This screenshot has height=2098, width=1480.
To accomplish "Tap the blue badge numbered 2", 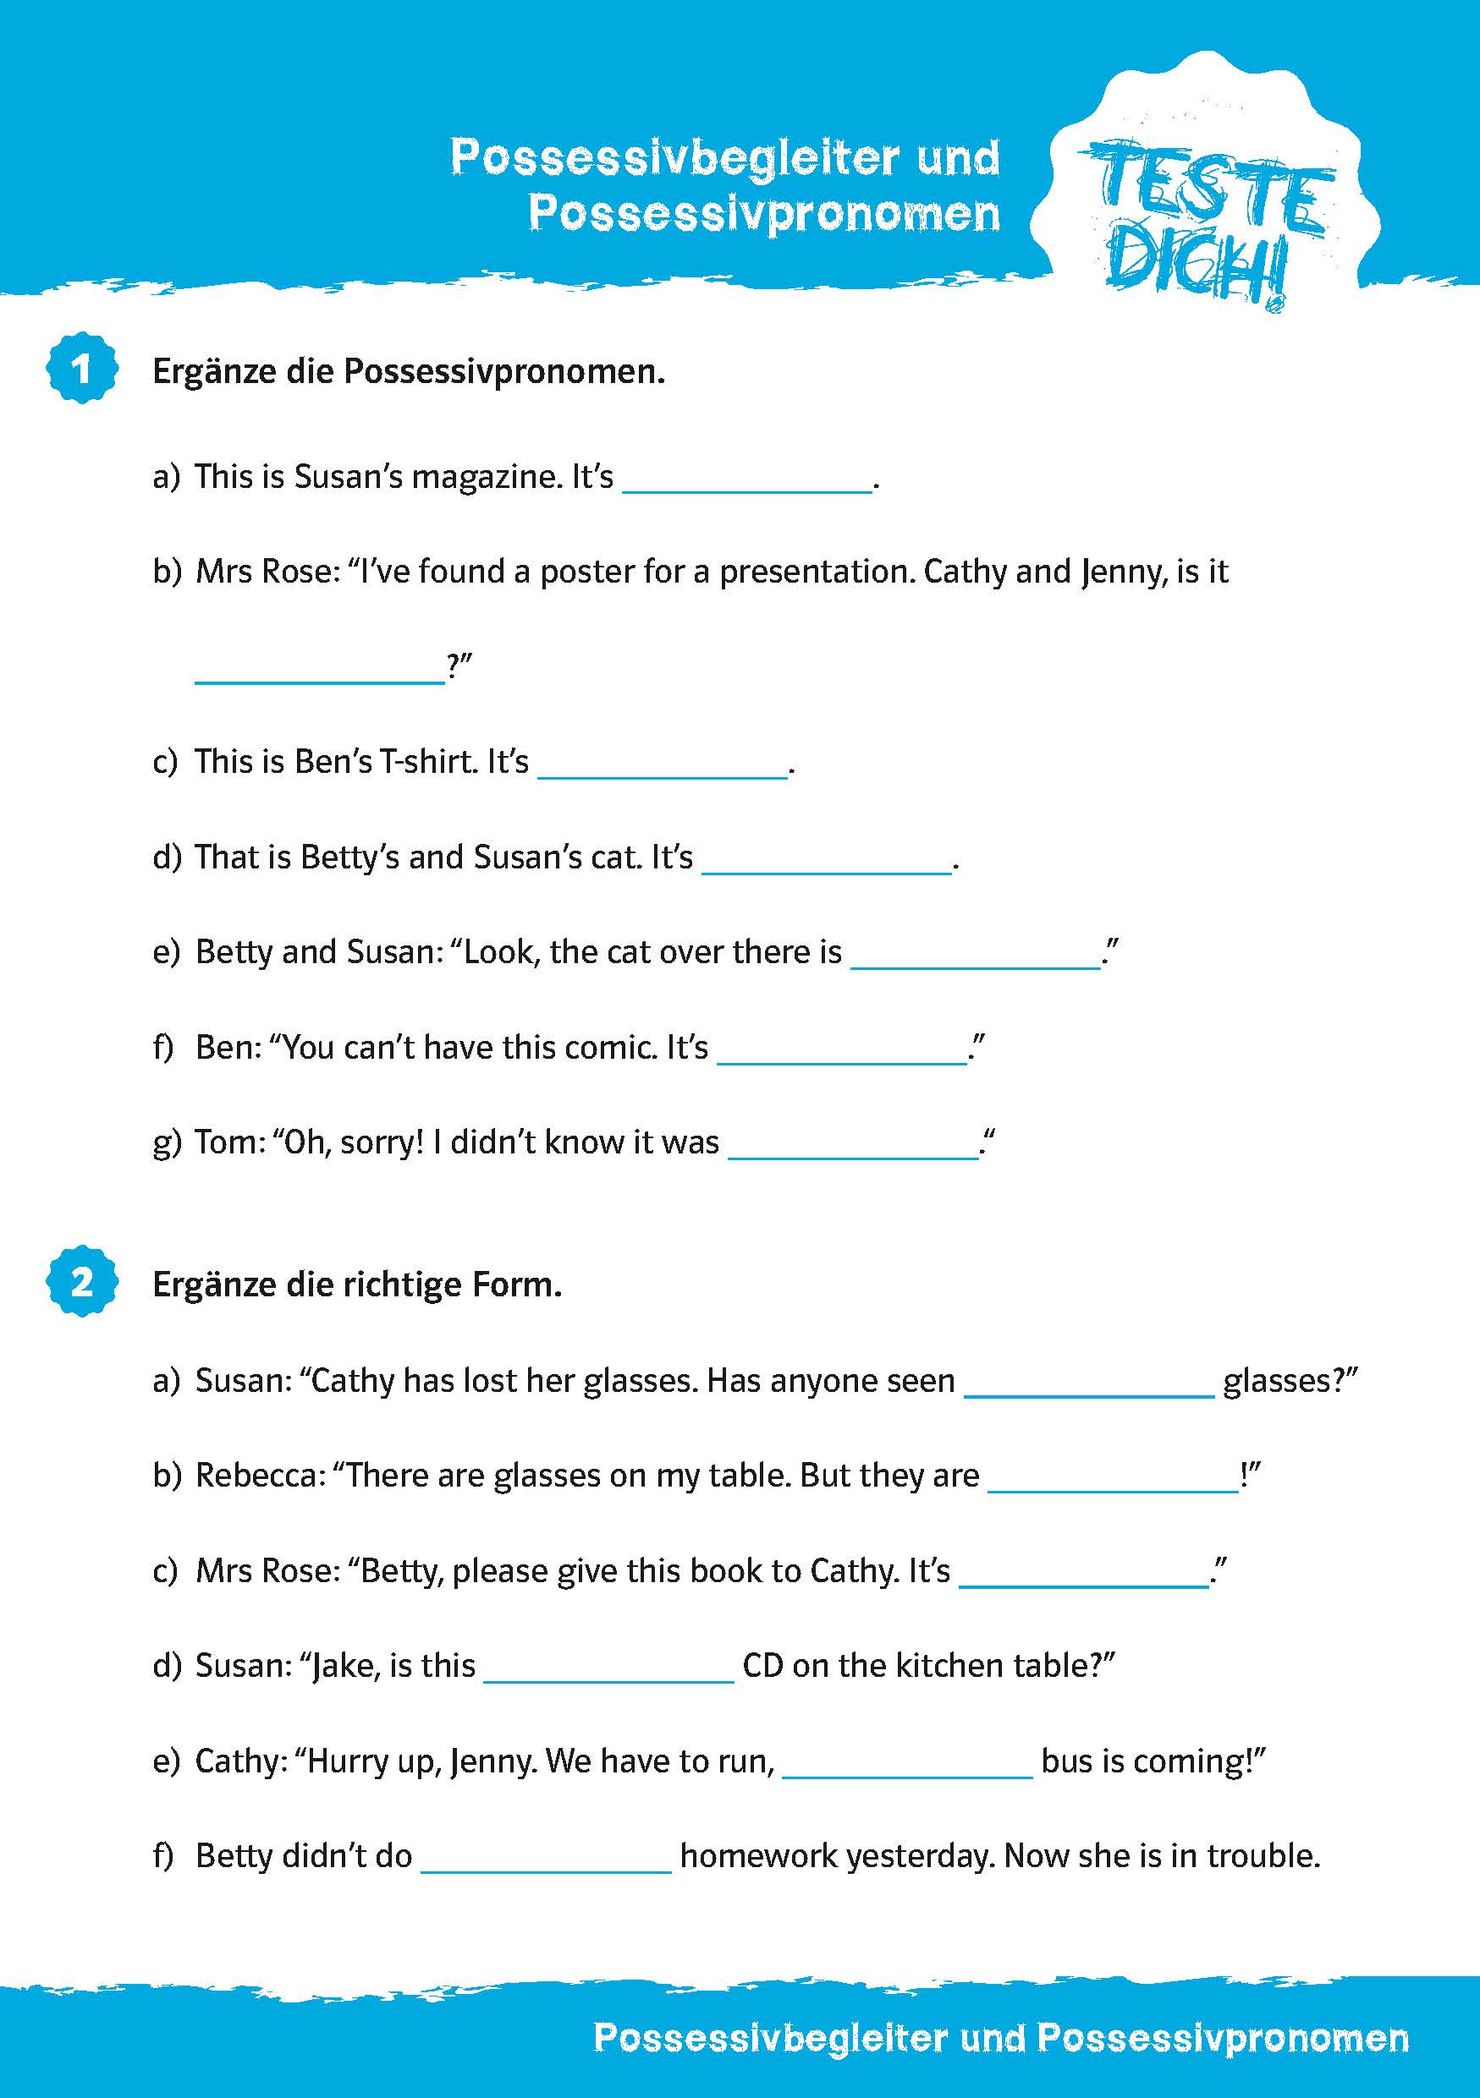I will click(82, 1282).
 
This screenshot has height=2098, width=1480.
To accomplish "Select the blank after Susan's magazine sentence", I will click(748, 479).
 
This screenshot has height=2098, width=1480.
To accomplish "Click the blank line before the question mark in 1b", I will click(320, 669).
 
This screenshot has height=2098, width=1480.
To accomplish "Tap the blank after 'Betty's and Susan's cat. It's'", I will click(827, 860).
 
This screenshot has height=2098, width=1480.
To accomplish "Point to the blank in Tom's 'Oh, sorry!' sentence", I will click(853, 1145).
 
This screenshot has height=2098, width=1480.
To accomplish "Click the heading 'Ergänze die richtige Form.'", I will click(356, 1285).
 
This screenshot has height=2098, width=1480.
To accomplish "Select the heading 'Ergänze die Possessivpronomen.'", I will click(409, 372).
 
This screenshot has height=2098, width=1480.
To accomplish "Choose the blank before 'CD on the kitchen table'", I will click(608, 1668).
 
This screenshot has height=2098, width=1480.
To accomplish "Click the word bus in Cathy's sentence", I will click(1066, 1760).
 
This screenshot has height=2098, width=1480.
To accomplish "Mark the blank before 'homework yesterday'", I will click(546, 1859).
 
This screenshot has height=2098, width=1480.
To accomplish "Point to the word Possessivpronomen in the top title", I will click(764, 214).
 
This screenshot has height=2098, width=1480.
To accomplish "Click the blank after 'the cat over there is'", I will click(976, 955).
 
